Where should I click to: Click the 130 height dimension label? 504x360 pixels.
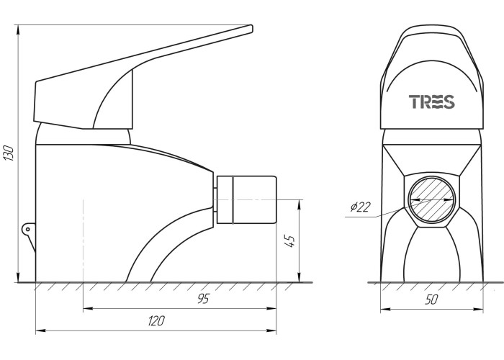point(9,153)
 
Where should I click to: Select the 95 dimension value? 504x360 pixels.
point(203,299)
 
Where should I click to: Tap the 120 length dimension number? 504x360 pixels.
point(156,320)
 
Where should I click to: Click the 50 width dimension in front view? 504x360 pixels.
point(431,300)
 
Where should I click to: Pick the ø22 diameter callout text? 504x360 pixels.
point(360,207)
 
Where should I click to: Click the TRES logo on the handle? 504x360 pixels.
point(432,102)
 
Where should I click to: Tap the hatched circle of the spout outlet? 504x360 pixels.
point(432,200)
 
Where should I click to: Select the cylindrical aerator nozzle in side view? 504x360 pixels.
point(246,199)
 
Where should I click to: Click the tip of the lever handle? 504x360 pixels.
point(251,28)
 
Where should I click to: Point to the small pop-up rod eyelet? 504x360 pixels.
point(28,229)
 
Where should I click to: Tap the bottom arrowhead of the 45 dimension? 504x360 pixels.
point(300,278)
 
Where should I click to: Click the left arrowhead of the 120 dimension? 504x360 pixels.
point(40,330)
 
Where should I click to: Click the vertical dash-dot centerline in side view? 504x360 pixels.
point(84,240)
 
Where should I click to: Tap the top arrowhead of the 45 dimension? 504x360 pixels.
point(300,204)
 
